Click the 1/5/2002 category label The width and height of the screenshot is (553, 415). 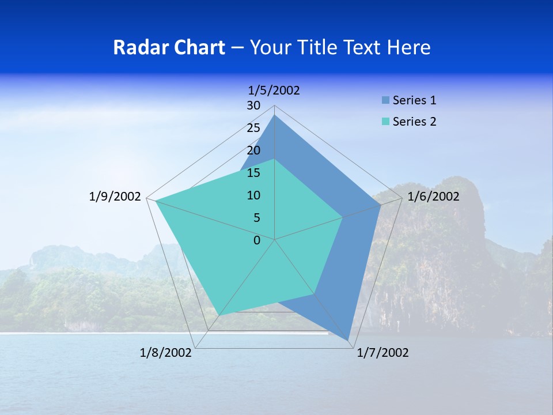[274, 90]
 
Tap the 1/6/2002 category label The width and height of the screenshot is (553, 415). [433, 197]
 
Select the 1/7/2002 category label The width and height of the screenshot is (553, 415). [382, 353]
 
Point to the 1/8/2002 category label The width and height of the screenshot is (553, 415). [166, 353]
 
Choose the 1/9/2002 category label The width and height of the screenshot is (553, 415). [115, 197]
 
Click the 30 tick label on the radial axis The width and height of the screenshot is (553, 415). [253, 105]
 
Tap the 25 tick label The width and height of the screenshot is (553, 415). [253, 128]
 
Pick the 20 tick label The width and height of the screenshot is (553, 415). [253, 150]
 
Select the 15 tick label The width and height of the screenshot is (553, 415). [253, 173]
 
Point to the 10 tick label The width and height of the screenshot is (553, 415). [253, 195]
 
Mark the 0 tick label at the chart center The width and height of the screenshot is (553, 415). [257, 240]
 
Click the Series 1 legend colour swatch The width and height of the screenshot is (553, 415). [385, 100]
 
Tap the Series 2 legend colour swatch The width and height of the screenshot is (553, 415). [385, 122]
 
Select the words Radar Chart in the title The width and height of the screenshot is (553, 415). [169, 47]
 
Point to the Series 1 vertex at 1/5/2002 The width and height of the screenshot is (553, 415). [275, 115]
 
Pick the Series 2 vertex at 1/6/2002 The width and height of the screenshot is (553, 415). [343, 217]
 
